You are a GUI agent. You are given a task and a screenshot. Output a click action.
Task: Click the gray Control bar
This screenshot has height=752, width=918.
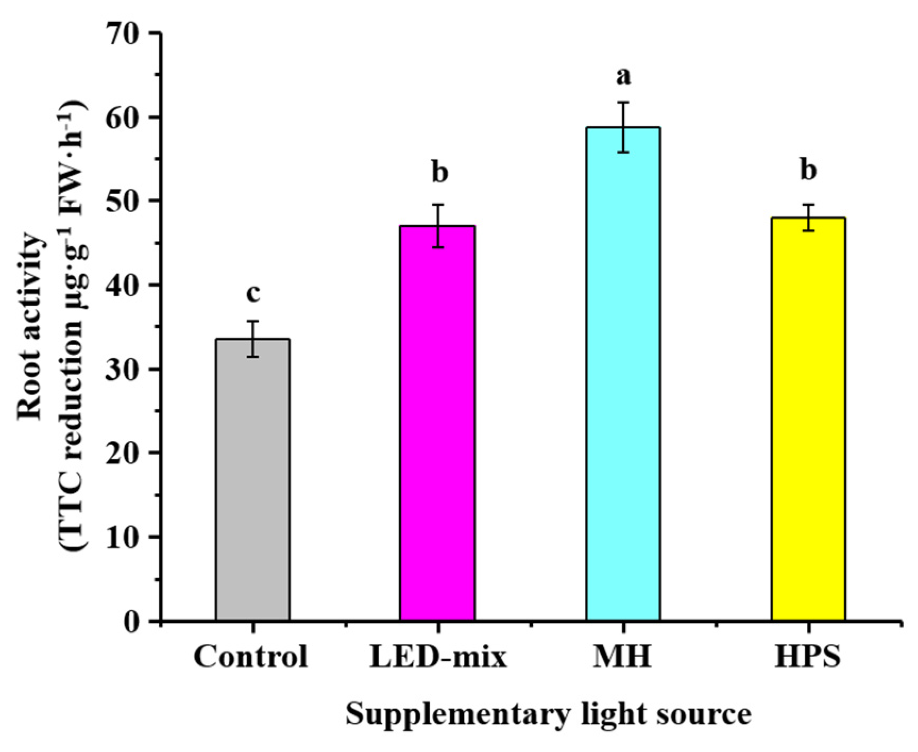[x=253, y=479]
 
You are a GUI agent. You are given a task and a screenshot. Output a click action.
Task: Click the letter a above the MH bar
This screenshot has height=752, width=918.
[x=623, y=77]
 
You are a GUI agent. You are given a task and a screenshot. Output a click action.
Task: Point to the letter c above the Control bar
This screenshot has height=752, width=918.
[x=253, y=293]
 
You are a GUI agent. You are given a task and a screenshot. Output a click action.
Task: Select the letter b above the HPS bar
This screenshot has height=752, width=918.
[x=808, y=171]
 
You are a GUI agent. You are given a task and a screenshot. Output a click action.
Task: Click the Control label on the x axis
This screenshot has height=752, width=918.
[x=251, y=657]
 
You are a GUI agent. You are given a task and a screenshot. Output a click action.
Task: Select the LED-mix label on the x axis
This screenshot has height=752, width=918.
[x=438, y=657]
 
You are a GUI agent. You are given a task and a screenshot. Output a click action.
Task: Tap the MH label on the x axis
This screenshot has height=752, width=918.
[x=622, y=657]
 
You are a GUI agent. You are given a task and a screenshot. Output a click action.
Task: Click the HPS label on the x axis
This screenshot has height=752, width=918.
[x=807, y=657]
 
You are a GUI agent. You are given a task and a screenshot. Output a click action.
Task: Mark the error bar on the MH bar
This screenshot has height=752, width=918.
[x=623, y=127]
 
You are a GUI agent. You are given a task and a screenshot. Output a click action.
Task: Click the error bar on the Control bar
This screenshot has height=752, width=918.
[x=253, y=339]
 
